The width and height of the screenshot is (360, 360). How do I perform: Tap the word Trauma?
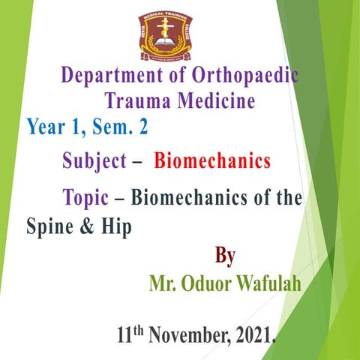[136, 100]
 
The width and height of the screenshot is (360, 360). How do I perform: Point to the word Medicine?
[214, 100]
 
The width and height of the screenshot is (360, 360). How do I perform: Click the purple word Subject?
[93, 160]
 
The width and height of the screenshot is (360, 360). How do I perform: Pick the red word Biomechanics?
[211, 160]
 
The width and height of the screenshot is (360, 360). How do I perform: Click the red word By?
[225, 256]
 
